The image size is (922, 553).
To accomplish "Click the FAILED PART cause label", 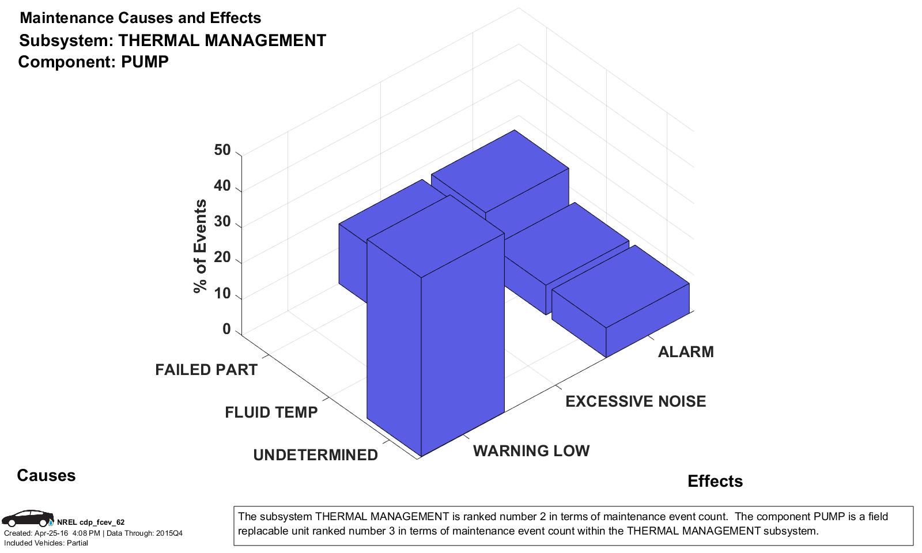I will tap(206, 370).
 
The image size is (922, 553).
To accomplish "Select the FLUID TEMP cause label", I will tap(271, 412).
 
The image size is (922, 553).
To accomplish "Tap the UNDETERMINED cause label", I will tap(315, 455).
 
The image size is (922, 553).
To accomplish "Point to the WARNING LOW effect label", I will tap(531, 451).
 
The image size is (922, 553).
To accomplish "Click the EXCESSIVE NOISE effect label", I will tap(636, 402).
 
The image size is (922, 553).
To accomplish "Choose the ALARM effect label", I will tap(686, 352).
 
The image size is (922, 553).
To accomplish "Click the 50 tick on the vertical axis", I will tap(222, 150).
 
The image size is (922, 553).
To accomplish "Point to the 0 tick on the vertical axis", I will tap(226, 329).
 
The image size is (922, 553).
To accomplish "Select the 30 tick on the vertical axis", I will tap(222, 222).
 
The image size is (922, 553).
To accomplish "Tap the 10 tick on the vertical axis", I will tap(222, 294).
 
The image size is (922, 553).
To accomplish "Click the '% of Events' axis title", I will tap(201, 247).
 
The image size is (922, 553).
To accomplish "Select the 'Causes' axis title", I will tap(46, 476).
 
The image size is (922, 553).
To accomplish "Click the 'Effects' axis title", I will tap(715, 482).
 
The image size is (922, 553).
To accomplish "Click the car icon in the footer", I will tap(27, 518).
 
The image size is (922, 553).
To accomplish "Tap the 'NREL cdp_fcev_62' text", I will tap(90, 522).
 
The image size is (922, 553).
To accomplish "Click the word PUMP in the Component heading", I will tap(145, 62).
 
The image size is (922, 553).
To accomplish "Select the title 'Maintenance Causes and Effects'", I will tap(140, 18).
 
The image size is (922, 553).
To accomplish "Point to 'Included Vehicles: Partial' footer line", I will tap(46, 543).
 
